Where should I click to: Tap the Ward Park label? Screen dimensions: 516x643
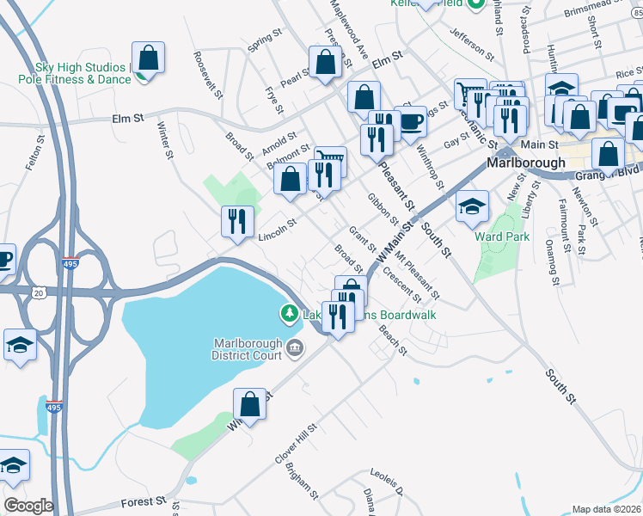(502, 236)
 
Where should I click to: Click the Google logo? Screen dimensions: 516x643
(28, 506)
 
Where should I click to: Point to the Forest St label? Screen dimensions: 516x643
(143, 501)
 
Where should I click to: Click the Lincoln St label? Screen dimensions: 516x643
(277, 228)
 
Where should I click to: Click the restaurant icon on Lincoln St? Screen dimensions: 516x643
(237, 221)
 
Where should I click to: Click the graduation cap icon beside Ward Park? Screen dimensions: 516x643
(472, 206)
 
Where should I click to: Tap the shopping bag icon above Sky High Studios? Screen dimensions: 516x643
(148, 58)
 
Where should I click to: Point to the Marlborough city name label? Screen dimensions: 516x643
(526, 162)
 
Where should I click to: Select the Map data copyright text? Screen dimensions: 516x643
(606, 509)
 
